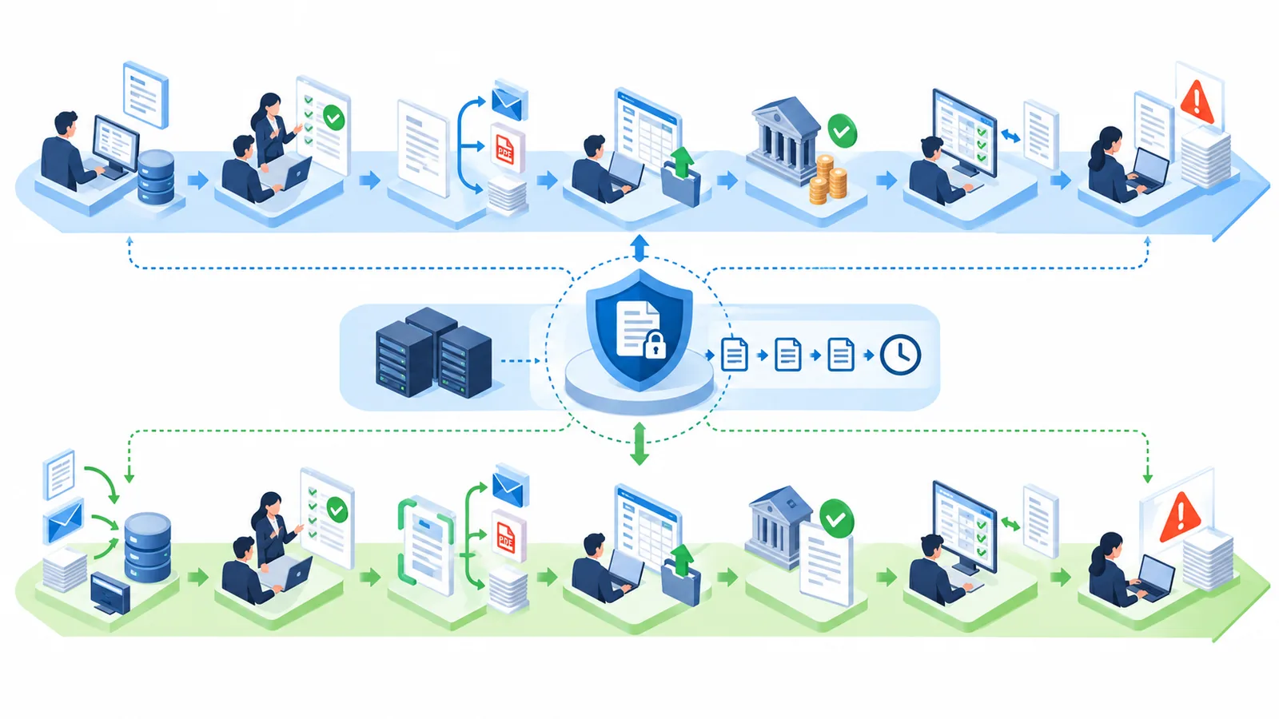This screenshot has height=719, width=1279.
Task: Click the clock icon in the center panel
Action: click(900, 355)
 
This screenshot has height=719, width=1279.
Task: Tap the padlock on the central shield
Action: click(655, 344)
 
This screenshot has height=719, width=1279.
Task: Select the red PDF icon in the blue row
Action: click(507, 149)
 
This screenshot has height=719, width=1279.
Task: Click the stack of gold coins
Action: click(827, 181)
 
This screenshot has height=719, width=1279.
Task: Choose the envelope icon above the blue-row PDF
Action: click(509, 101)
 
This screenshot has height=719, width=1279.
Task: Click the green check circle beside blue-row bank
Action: click(842, 131)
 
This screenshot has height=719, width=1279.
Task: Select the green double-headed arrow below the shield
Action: click(639, 443)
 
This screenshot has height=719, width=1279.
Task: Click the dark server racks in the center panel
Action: click(433, 352)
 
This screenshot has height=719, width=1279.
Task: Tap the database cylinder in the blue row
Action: click(156, 177)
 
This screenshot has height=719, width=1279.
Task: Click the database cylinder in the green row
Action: click(147, 547)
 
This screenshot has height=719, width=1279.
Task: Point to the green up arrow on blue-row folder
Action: click(682, 163)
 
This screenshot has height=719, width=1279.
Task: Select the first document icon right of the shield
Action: click(735, 355)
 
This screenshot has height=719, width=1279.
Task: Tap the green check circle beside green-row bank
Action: click(836, 518)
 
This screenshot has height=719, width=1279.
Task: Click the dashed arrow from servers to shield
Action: click(520, 360)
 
